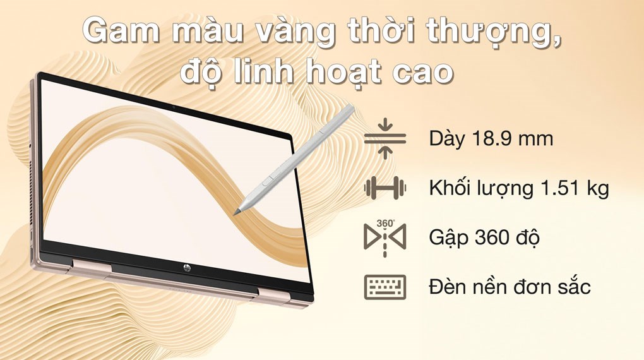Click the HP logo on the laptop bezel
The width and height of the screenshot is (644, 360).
pyautogui.click(x=188, y=268)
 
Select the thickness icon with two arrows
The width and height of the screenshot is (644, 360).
pyautogui.click(x=385, y=138)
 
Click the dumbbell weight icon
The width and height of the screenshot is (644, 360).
pyautogui.click(x=385, y=188)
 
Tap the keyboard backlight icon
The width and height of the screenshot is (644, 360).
pyautogui.click(x=385, y=287)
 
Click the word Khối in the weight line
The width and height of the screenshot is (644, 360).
pyautogui.click(x=451, y=188)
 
